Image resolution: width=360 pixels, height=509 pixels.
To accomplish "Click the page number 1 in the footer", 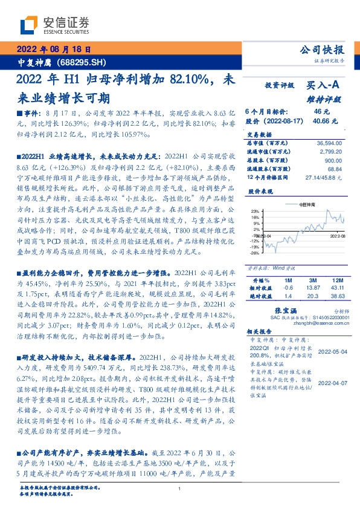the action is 180,488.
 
